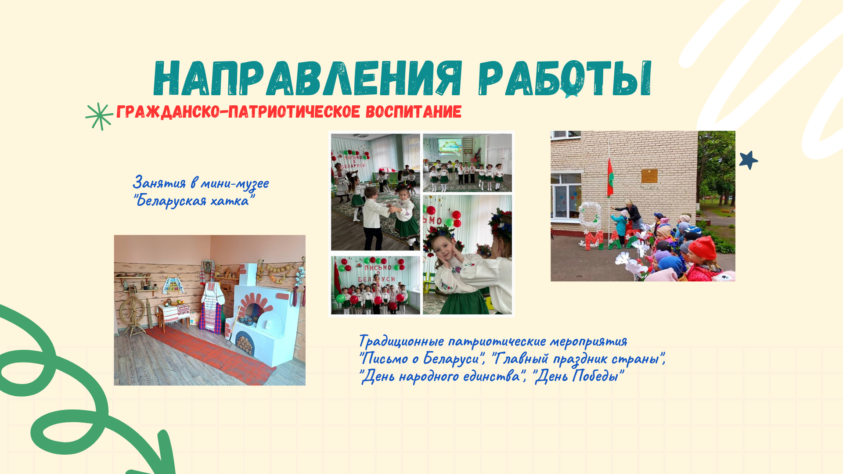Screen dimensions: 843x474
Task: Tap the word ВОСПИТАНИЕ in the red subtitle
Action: click(x=414, y=111)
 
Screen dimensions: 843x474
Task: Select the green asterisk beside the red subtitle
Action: click(x=99, y=116)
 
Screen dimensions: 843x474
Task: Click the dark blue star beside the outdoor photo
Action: click(x=749, y=160)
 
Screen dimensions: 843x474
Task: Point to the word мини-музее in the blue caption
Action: click(x=234, y=183)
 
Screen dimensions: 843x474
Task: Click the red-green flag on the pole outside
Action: click(x=610, y=177)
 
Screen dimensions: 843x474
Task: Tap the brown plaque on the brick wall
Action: click(x=649, y=176)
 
